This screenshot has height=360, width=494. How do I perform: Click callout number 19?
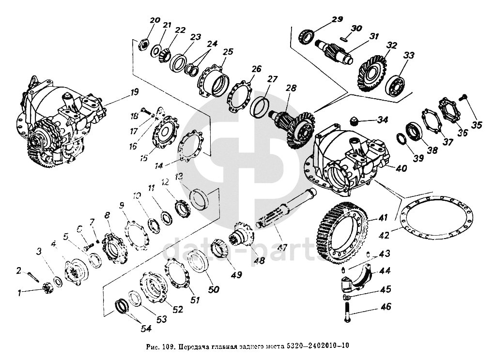tap(134, 91)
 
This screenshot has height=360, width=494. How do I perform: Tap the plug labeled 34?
tap(355, 120)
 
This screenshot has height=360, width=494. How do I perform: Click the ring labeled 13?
tap(200, 198)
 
